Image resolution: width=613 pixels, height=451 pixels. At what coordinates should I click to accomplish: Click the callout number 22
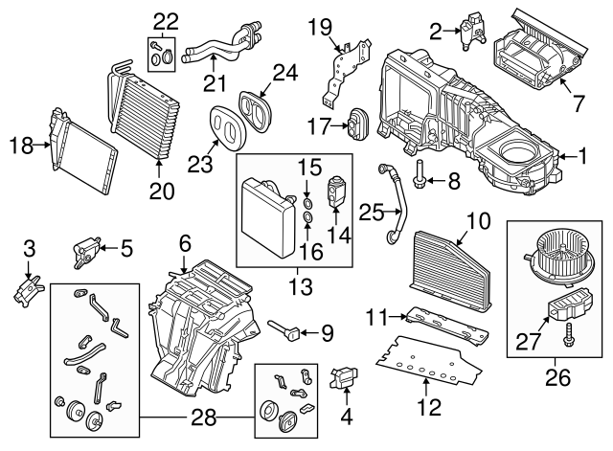click(167, 21)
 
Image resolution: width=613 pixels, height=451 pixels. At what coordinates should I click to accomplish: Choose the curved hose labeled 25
click(391, 201)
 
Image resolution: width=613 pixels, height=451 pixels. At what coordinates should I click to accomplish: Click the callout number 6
click(185, 243)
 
